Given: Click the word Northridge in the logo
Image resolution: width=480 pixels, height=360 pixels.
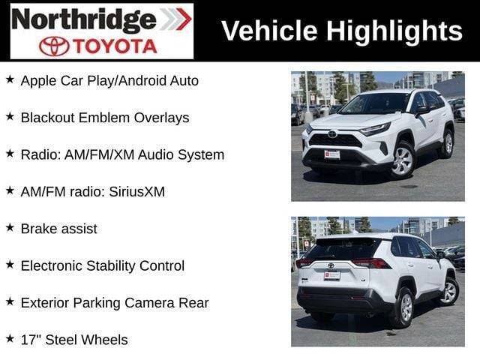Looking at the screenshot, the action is click(84, 20).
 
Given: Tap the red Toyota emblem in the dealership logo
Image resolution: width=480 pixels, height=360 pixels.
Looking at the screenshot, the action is click(54, 46).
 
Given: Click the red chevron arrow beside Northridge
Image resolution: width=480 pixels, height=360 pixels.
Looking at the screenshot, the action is click(183, 19).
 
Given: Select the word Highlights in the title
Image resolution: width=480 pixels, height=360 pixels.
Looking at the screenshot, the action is click(394, 31).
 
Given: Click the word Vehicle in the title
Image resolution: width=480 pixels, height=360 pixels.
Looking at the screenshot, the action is click(269, 31).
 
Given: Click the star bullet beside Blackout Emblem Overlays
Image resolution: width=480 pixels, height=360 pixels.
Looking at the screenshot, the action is click(10, 117).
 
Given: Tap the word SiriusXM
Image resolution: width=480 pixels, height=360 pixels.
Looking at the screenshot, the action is click(136, 192).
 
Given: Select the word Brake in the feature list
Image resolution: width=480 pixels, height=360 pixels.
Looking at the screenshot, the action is click(38, 229).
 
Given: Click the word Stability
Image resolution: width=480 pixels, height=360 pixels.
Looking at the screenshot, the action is click(111, 266).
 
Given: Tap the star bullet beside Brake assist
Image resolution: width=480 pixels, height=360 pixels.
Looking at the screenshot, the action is click(10, 228).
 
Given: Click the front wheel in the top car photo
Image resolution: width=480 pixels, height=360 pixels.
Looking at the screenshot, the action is click(403, 160).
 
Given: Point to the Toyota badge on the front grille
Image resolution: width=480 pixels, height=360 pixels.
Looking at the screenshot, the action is click(331, 134).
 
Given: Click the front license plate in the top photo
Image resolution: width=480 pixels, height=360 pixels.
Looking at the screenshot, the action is click(332, 154).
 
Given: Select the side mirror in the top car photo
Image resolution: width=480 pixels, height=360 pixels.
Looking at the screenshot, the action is click(421, 110).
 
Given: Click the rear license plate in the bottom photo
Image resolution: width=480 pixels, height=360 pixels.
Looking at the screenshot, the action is click(332, 275).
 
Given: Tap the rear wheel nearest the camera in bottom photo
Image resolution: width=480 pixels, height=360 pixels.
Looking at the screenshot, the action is click(404, 307).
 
